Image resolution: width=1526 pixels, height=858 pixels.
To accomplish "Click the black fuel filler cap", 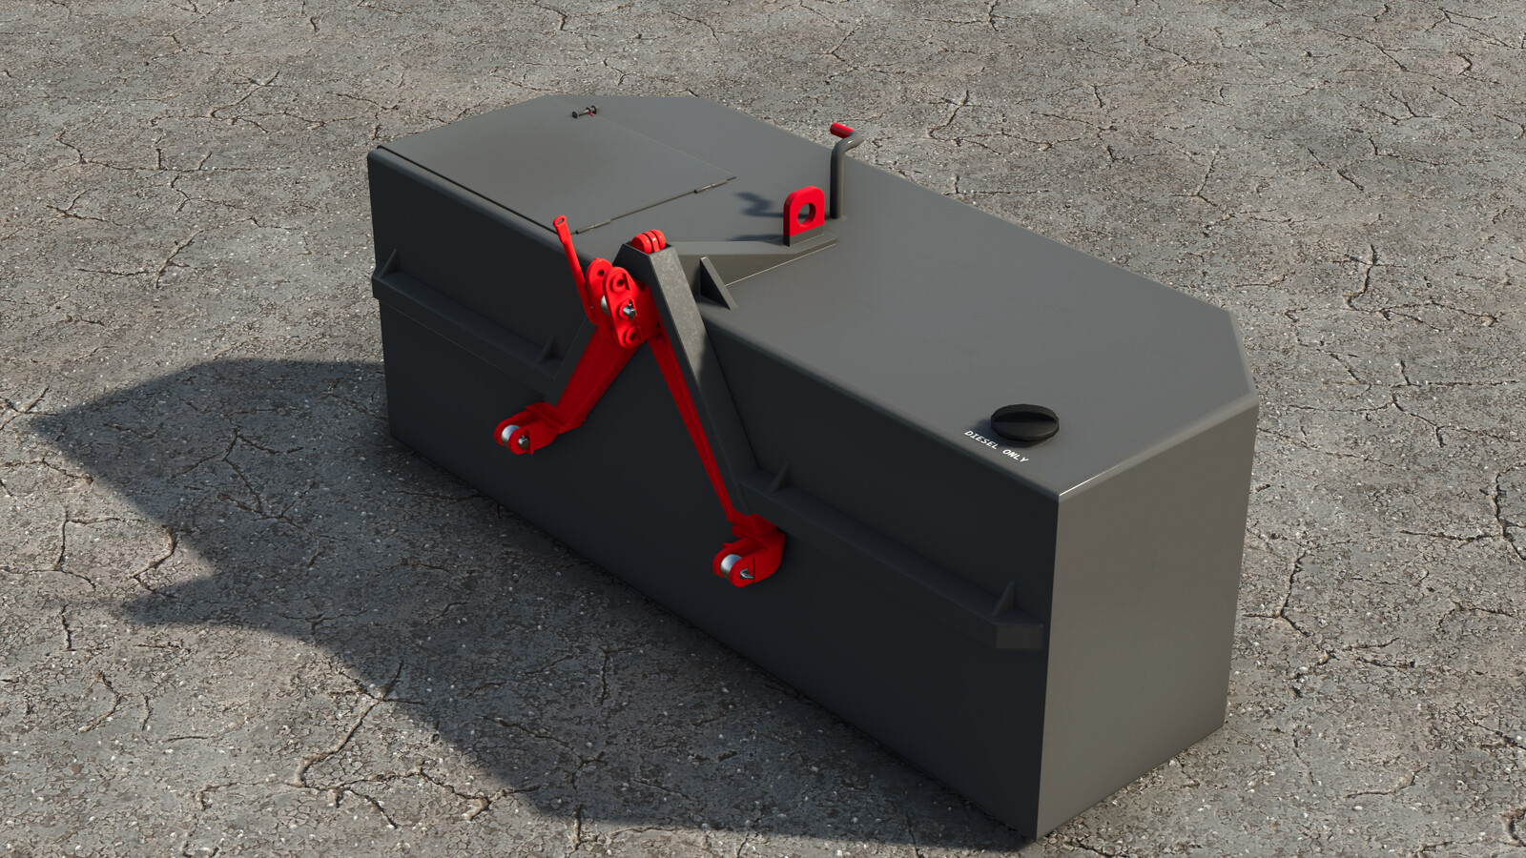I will tap(1024, 420).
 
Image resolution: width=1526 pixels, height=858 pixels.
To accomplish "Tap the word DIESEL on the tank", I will tap(981, 441).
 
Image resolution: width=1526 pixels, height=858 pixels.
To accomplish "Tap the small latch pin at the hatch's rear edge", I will tap(585, 112).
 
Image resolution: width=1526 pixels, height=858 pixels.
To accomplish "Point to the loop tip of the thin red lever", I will tap(561, 224).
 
